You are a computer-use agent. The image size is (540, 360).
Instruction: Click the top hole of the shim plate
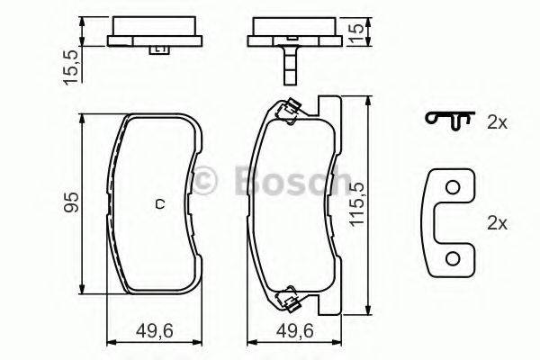pyautogui.click(x=454, y=187)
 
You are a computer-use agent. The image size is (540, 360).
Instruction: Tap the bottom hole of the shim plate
pyautogui.click(x=454, y=259)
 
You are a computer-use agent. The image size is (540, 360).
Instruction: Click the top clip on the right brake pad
pyautogui.click(x=287, y=111)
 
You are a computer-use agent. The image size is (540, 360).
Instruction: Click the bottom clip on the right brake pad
pyautogui.click(x=290, y=293)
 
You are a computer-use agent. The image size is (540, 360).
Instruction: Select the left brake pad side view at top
pyautogui.click(x=154, y=35)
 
